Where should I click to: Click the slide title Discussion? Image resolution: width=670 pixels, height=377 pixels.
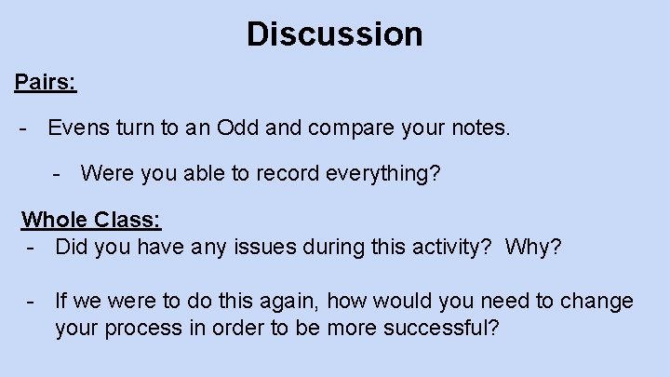coord(335,35)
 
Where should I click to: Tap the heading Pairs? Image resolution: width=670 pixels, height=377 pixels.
coord(46,82)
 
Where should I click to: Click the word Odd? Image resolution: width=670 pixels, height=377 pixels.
coord(237,127)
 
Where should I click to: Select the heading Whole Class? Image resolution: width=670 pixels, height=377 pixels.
coord(91,220)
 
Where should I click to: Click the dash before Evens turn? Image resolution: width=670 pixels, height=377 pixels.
coord(22,128)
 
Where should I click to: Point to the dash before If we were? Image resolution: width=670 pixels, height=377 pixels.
coord(32,301)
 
